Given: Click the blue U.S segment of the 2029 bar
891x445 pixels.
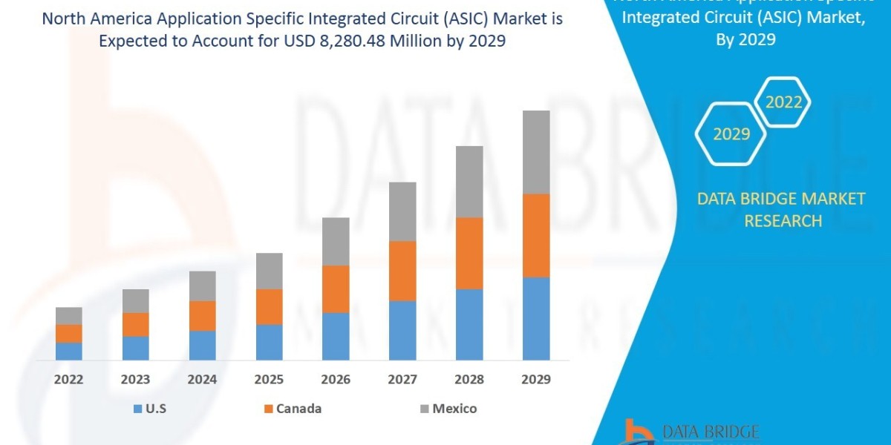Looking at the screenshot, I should coord(536,319).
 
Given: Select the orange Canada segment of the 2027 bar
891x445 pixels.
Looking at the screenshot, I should coord(402,271).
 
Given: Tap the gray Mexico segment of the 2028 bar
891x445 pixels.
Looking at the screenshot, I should coord(469,182).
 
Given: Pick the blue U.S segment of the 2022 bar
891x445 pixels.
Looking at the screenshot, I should coord(69,352).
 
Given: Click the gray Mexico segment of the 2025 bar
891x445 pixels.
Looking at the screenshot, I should coord(270,271).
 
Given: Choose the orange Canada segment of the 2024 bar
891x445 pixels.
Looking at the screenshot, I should coord(203,316).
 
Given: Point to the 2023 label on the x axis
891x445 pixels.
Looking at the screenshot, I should coord(135,380).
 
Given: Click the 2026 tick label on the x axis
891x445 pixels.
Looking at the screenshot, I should coord(336,380).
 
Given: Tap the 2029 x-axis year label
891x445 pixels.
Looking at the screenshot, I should coord(536,380).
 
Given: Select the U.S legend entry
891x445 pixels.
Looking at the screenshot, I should coord(151,409).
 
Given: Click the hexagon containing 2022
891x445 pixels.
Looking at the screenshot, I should coord(783,102).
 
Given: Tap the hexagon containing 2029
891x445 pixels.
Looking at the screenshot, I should coord(731,134).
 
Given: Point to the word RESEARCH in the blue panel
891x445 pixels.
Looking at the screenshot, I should coord(783,221).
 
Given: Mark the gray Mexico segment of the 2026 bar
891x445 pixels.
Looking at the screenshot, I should coord(336,242).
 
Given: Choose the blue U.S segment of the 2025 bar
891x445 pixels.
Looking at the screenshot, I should coord(270,343).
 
